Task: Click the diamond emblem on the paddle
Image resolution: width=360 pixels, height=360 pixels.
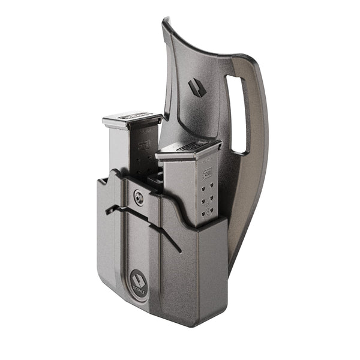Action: point(196,88)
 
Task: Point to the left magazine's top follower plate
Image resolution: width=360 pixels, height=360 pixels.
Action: point(131,119)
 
